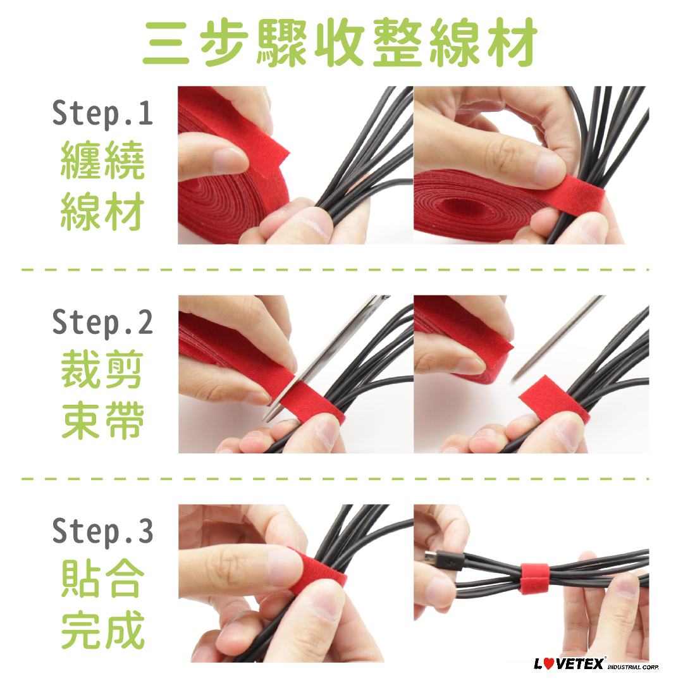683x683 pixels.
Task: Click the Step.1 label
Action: coord(102,113)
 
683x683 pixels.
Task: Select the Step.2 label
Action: coord(102,323)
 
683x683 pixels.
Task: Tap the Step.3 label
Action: coord(102,531)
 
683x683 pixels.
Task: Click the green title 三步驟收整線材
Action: coord(341,42)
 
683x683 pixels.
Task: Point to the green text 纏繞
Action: coord(102,160)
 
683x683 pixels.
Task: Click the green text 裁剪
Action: coord(102,369)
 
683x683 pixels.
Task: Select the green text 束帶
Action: coord(102,421)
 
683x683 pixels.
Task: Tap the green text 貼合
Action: coord(102,579)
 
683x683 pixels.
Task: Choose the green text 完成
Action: coord(102,629)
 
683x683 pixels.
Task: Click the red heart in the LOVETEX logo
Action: coord(550,663)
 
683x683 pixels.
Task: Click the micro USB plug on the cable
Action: coord(444,562)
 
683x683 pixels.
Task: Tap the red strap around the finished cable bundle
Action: coord(535,578)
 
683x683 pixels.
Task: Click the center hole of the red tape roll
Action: coord(457,205)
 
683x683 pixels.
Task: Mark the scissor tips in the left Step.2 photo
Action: coord(267,417)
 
